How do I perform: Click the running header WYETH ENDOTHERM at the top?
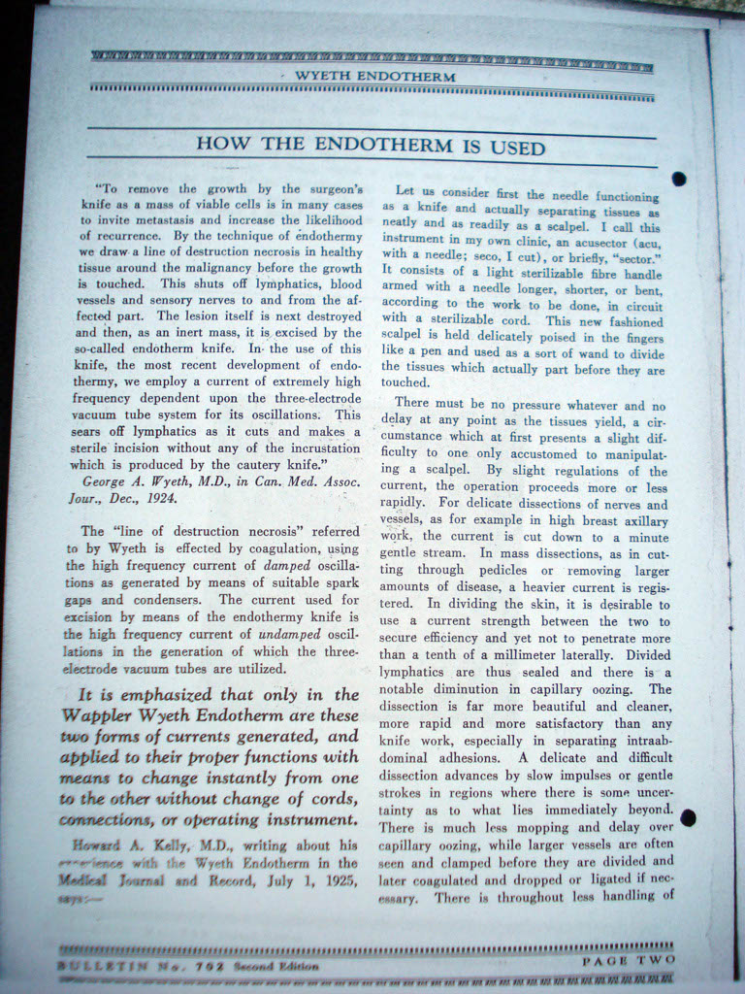click(374, 76)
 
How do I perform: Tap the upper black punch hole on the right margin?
click(678, 179)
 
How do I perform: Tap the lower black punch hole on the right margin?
click(688, 817)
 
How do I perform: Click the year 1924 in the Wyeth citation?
click(160, 499)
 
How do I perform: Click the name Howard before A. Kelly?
click(98, 845)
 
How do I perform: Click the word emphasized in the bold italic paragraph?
click(161, 695)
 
